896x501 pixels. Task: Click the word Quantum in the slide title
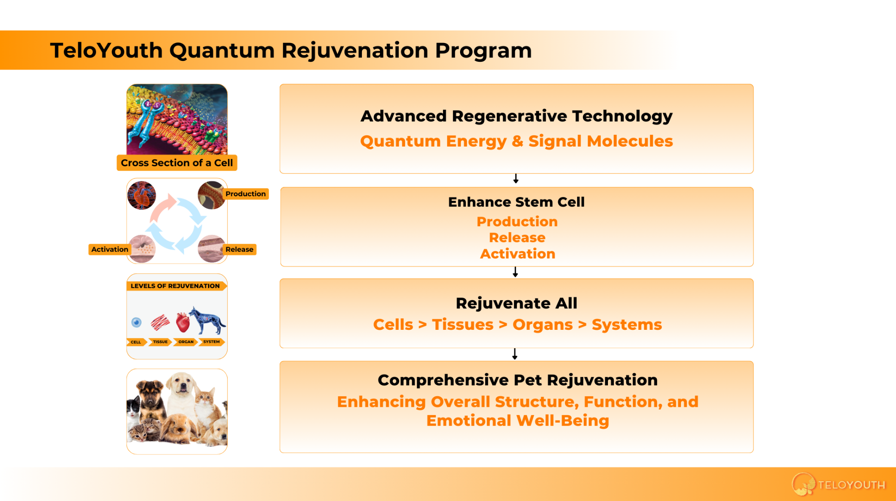[x=222, y=50]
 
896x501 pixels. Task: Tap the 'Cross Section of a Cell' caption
[x=177, y=163]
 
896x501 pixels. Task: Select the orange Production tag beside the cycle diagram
[x=246, y=194]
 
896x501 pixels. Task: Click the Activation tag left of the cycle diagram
[x=110, y=249]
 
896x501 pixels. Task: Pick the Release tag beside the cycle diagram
[x=240, y=249]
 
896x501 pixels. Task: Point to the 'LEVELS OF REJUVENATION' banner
[x=175, y=286]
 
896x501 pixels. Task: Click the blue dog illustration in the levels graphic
[x=207, y=320]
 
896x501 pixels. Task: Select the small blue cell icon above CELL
[x=137, y=322]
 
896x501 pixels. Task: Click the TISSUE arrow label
[x=160, y=342]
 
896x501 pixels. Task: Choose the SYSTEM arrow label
[x=211, y=342]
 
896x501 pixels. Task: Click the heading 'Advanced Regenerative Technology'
[x=517, y=116]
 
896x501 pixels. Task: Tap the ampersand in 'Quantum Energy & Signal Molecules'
[x=517, y=141]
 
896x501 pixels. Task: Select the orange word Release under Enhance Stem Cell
[x=517, y=238]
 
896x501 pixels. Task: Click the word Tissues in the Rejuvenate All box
[x=463, y=324]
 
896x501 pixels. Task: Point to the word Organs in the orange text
[x=543, y=325]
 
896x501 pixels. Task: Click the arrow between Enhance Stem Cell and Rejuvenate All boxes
[x=515, y=272]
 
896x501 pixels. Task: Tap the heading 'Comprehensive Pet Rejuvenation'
[x=517, y=380]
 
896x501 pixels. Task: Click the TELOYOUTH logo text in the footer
[x=852, y=485]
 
